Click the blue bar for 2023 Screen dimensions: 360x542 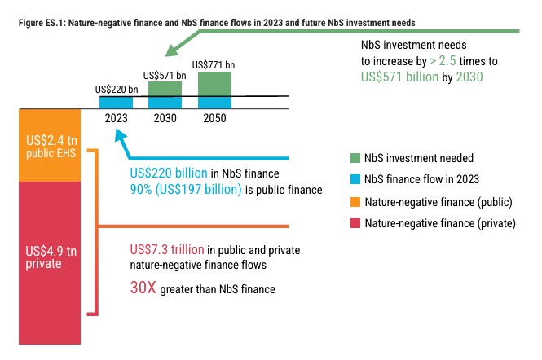116,102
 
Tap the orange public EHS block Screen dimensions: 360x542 51,145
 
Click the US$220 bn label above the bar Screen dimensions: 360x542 116,89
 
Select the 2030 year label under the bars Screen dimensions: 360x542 165,118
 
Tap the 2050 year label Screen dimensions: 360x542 214,118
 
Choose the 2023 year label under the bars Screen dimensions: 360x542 116,118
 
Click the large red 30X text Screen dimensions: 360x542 145,288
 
